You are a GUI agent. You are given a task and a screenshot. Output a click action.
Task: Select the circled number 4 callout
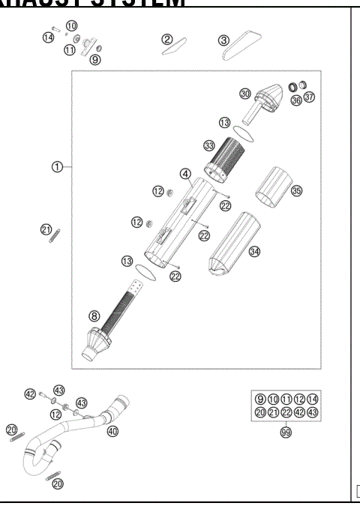coord(184,173)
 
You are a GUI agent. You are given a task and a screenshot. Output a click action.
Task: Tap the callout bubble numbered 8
coord(94,316)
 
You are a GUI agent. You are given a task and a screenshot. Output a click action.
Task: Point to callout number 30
coord(244,94)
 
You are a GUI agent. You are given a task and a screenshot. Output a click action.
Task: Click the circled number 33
coord(208,145)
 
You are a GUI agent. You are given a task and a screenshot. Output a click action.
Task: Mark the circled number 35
coord(296,191)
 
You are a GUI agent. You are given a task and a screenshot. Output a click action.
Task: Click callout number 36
coord(296,100)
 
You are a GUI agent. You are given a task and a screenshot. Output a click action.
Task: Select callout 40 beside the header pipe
coord(113,431)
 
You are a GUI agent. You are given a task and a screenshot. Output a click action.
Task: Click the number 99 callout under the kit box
coord(286,433)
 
